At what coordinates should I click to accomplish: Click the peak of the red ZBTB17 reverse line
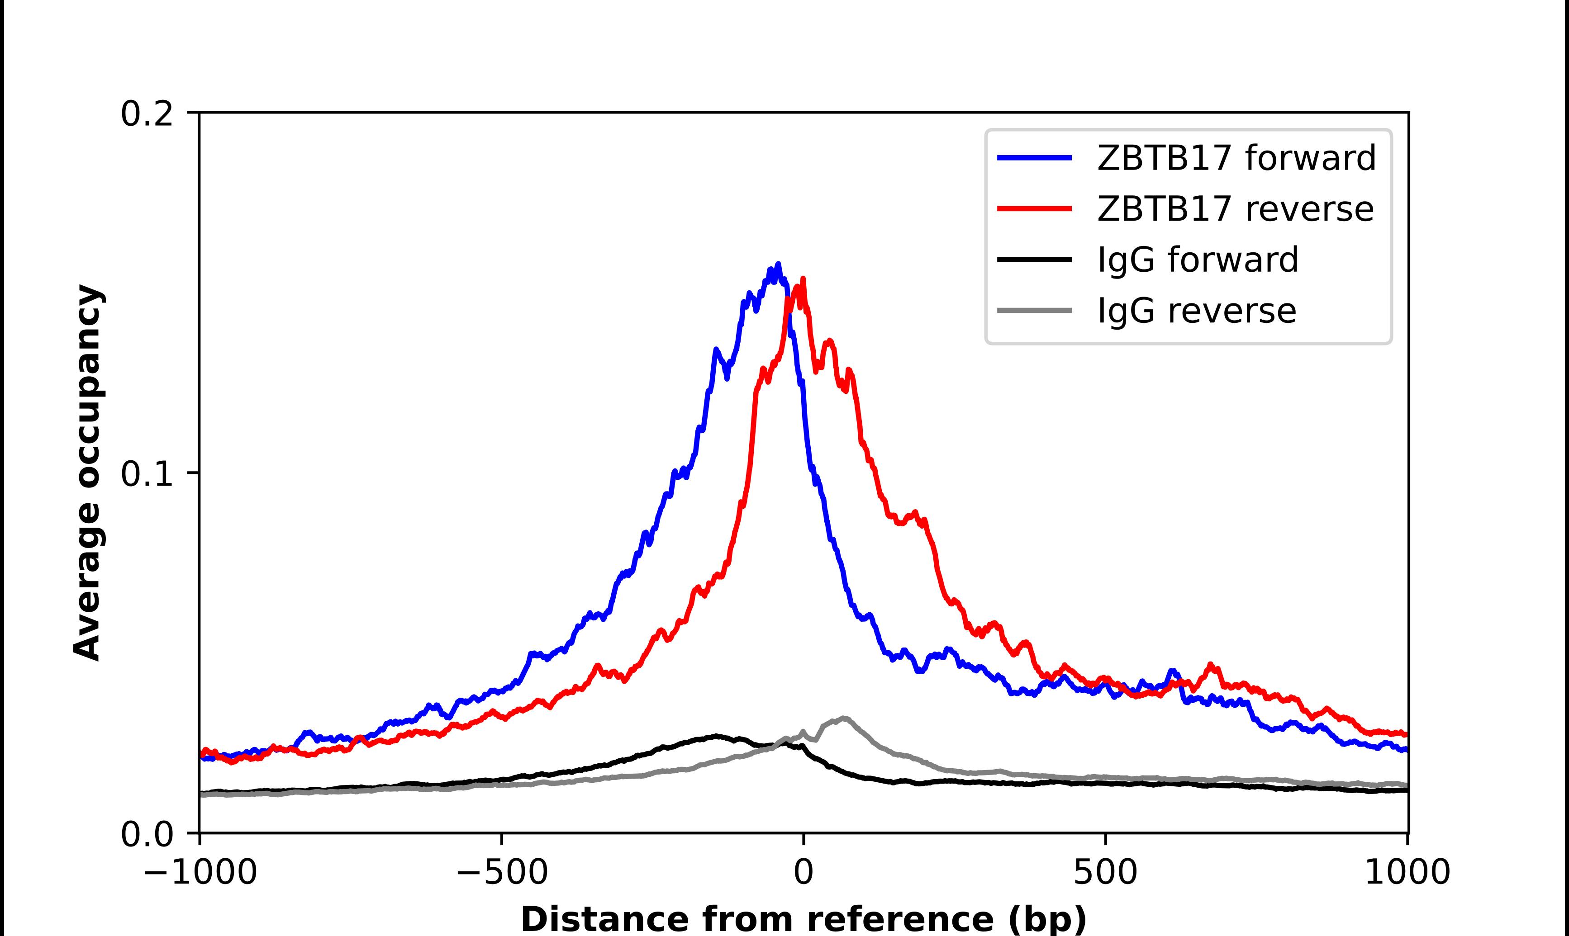point(803,279)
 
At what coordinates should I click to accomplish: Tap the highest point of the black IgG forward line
point(716,735)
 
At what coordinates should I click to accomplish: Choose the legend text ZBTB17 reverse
point(1235,209)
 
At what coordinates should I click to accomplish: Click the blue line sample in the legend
point(1034,158)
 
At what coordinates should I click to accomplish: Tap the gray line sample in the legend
point(1034,310)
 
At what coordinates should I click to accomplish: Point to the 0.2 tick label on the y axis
point(147,114)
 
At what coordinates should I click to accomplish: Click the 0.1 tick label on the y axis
point(147,474)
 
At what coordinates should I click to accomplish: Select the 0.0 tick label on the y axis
point(147,834)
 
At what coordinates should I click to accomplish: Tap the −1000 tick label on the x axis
point(200,873)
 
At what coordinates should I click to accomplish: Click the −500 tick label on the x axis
point(502,873)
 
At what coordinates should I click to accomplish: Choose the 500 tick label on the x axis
point(1105,873)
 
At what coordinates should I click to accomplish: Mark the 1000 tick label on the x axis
point(1407,873)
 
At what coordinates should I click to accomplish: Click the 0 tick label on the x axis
point(804,873)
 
